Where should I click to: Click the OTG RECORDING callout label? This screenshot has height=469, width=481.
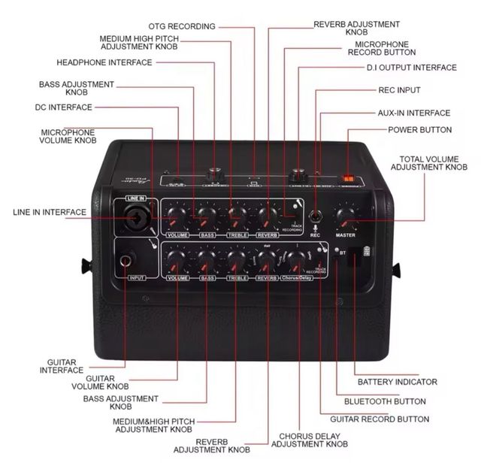(182, 26)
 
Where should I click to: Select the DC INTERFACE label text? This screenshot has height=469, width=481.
(63, 107)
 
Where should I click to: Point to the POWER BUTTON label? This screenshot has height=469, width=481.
(420, 130)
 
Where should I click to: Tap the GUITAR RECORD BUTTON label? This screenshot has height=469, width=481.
(386, 419)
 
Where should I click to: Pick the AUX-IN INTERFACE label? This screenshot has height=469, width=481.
(414, 113)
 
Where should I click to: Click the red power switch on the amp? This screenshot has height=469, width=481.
(348, 177)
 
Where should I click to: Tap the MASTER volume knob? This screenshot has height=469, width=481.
(345, 217)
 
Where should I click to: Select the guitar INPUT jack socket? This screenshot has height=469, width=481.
(126, 262)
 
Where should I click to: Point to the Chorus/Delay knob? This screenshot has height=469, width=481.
(295, 261)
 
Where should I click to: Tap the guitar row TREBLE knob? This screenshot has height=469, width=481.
(237, 261)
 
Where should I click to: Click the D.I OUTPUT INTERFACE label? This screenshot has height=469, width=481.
(411, 68)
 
